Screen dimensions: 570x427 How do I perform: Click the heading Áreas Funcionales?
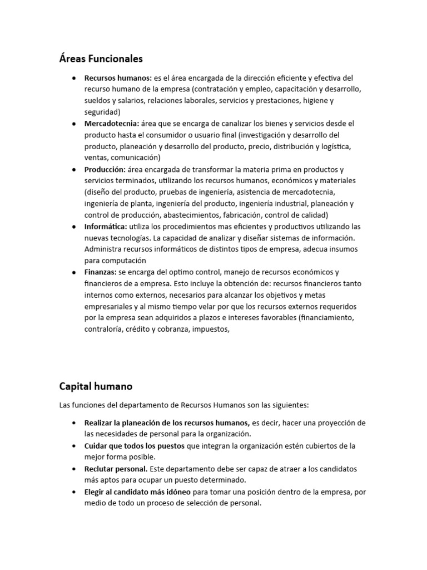tap(101, 58)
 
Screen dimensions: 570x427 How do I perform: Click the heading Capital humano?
tap(96, 386)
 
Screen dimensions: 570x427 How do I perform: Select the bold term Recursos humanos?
tap(118, 78)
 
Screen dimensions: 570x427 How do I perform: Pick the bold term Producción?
tap(105, 169)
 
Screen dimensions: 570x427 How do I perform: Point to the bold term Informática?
tap(106, 226)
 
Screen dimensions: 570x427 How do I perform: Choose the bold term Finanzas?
tap(101, 272)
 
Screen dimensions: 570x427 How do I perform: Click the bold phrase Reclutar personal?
tap(116, 469)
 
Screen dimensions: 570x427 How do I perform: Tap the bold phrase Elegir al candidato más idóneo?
tap(137, 492)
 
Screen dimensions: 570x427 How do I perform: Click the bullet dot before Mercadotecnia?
tap(74, 124)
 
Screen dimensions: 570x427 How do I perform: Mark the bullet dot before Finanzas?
tap(74, 272)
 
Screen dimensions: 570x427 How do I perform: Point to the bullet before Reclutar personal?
tap(74, 469)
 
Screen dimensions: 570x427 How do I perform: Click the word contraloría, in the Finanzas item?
tap(105, 329)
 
